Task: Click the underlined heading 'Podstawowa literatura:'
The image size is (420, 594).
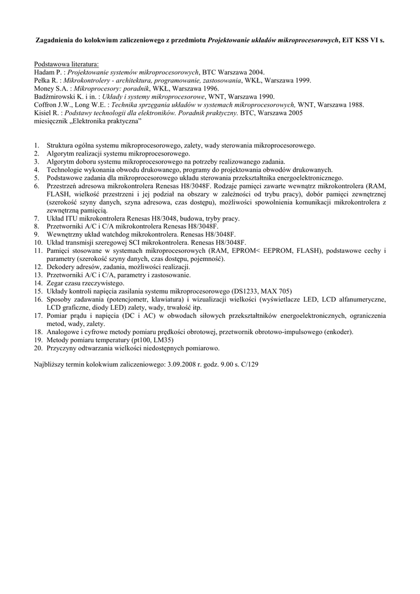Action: (x=66, y=64)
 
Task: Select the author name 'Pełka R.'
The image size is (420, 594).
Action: (x=47, y=80)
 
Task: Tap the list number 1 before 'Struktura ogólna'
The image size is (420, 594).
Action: (x=36, y=145)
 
